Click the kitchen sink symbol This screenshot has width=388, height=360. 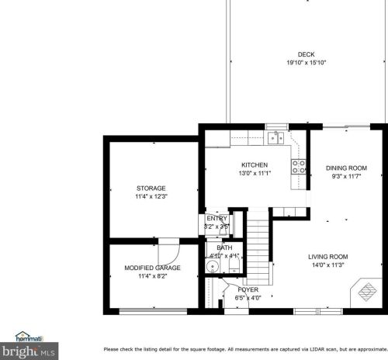coord(275,139)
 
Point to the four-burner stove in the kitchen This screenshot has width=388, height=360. coord(298,165)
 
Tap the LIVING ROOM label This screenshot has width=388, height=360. coord(327,257)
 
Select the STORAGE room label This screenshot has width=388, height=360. coord(151,189)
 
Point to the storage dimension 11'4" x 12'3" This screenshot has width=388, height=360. coord(151,196)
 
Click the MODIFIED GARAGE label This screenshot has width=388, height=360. coord(153,268)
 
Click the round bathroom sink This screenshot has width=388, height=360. coord(211,265)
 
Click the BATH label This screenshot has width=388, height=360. coord(224,248)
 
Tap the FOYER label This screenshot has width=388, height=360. coord(248,289)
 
